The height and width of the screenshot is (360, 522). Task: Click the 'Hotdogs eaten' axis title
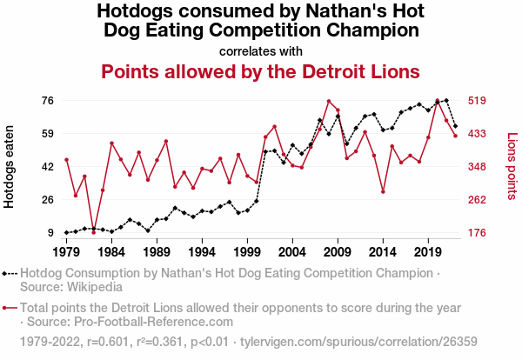(x=10, y=165)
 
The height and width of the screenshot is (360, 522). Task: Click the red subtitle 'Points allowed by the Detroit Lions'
(x=261, y=70)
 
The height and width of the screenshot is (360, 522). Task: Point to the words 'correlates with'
(x=261, y=50)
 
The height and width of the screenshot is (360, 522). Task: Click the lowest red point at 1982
(x=93, y=232)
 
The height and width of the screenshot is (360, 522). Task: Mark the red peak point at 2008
(x=328, y=101)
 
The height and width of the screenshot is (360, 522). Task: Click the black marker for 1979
(x=66, y=232)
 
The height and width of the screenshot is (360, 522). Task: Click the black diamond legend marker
(x=10, y=272)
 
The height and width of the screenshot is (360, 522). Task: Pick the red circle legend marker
(x=10, y=308)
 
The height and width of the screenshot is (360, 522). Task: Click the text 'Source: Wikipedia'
(x=70, y=286)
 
